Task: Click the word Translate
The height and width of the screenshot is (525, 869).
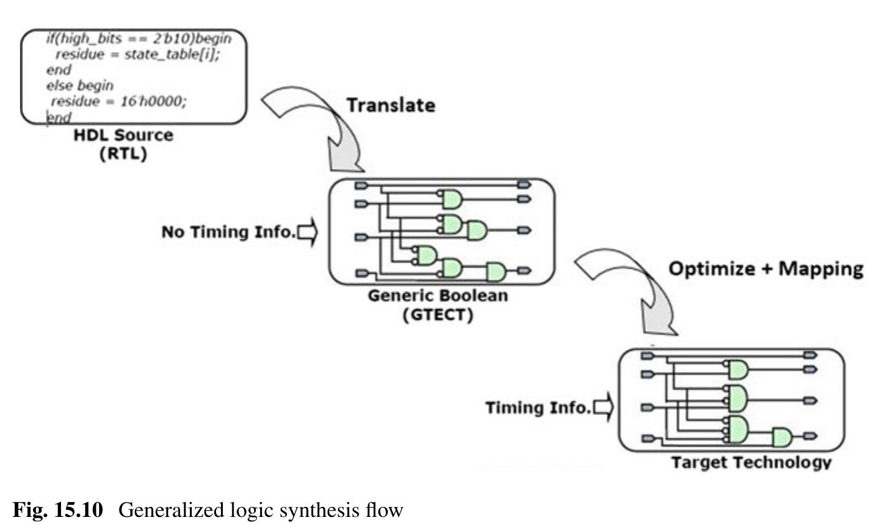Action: (390, 105)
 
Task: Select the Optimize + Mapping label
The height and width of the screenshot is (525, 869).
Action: (765, 268)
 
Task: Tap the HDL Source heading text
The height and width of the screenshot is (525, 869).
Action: (123, 135)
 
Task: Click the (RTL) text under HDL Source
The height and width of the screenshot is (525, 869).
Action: (123, 154)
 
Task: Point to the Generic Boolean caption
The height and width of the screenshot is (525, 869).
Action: (438, 295)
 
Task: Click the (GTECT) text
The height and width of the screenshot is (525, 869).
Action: (438, 314)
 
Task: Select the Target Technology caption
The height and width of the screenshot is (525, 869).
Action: (751, 462)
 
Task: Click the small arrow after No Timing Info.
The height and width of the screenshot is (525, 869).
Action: (308, 232)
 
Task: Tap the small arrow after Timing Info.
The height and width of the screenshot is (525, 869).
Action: (603, 407)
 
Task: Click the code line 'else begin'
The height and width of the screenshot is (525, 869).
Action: (79, 85)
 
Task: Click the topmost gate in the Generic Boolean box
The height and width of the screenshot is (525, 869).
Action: (451, 199)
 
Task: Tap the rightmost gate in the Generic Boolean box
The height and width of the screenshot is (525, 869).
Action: (496, 271)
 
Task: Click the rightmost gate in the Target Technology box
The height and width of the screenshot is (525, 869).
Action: (782, 437)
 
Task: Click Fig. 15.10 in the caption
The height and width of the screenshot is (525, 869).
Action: (57, 511)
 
